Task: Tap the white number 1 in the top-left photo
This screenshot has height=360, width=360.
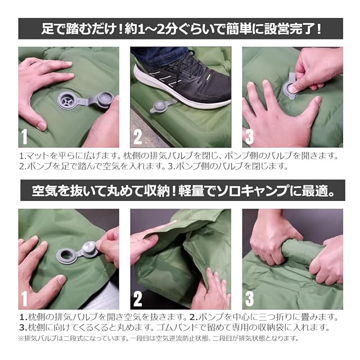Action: (24, 137)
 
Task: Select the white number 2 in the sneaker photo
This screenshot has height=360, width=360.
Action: (137, 137)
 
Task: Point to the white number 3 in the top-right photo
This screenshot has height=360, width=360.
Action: (249, 137)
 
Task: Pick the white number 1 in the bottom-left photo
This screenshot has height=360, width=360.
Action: (24, 299)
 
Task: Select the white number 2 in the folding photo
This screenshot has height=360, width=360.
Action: (137, 299)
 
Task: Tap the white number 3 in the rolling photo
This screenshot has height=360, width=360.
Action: (249, 299)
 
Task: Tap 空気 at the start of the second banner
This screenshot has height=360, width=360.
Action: (44, 191)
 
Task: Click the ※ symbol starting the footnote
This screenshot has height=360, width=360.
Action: (21, 339)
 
